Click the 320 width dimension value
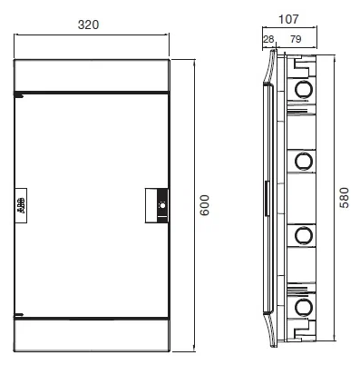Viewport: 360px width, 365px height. tap(88, 25)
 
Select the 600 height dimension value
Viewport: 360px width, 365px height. tap(205, 205)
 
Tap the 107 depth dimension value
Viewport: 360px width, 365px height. tap(288, 19)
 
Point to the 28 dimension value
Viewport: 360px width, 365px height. tap(268, 39)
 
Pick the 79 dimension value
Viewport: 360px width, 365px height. tap(296, 39)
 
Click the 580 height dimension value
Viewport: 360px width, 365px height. tap(344, 198)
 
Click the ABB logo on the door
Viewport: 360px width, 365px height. tap(21, 205)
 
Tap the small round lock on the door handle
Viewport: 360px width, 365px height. tap(162, 206)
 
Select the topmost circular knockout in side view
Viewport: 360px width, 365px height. tap(304, 89)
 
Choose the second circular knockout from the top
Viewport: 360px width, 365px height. tap(304, 161)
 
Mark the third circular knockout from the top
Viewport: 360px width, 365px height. tap(304, 235)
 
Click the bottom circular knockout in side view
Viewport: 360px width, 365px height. tap(304, 307)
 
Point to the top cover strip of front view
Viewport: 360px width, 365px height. tap(91, 75)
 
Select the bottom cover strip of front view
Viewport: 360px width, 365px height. tap(91, 335)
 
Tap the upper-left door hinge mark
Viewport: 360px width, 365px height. tap(19, 96)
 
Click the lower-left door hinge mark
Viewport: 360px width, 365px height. tap(19, 315)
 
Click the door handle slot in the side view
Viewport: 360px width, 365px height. tap(267, 198)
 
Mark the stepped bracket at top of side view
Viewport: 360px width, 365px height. tap(301, 66)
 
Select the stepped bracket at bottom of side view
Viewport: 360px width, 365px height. tap(301, 330)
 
